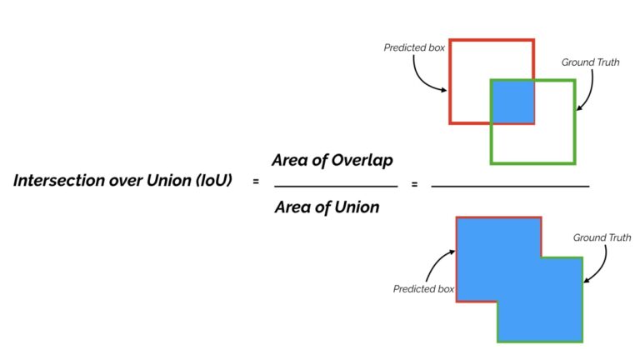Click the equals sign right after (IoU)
coord(256,182)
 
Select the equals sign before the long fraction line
coord(414,184)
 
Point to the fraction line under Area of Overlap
coord(335,184)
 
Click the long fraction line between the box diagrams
coord(510,184)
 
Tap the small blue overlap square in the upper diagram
coord(512,102)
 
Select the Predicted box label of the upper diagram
coord(413,47)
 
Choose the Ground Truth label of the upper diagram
coord(590,62)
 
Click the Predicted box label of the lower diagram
coord(423,289)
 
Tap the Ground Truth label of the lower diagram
coord(602,237)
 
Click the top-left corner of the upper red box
coord(450,40)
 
